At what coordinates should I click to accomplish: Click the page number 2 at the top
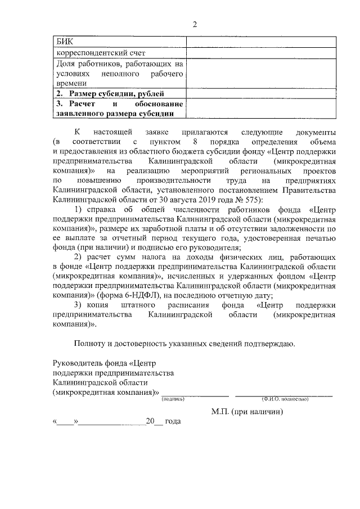point(195,24)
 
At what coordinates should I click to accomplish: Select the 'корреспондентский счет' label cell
point(101,53)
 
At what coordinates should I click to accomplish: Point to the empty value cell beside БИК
point(249,42)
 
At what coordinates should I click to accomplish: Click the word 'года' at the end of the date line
point(173,421)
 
